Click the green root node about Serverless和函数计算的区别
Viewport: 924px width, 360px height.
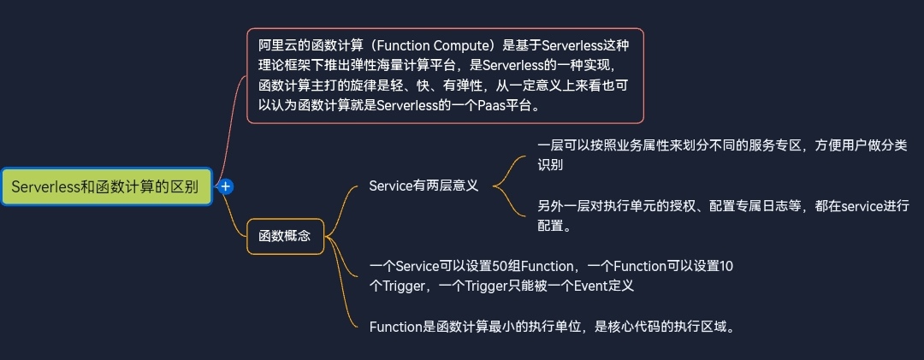click(106, 186)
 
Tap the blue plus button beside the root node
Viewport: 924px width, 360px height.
click(225, 186)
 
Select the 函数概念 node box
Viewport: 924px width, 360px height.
click(285, 236)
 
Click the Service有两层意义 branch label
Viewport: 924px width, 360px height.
click(423, 186)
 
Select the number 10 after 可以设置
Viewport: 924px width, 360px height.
click(726, 266)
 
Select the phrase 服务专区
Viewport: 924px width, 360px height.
click(776, 145)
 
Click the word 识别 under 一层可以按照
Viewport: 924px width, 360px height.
click(550, 165)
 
